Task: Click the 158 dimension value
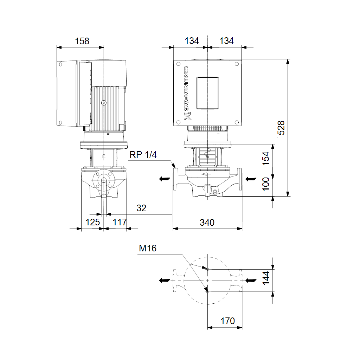82,41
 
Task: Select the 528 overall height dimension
281,128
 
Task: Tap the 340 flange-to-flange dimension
207,222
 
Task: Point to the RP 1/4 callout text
143,155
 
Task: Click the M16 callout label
148,248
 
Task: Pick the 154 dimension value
266,158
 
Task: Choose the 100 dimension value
266,184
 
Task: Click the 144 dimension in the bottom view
266,278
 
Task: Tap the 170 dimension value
227,321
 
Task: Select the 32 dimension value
141,208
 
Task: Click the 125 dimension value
92,222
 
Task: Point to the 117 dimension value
120,222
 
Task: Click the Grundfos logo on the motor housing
187,93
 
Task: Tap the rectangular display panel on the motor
207,93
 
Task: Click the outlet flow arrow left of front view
165,179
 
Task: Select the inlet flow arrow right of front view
251,179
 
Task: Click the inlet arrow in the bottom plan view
251,280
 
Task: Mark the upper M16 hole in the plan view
207,269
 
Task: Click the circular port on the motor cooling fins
104,103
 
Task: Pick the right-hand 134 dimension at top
226,41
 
